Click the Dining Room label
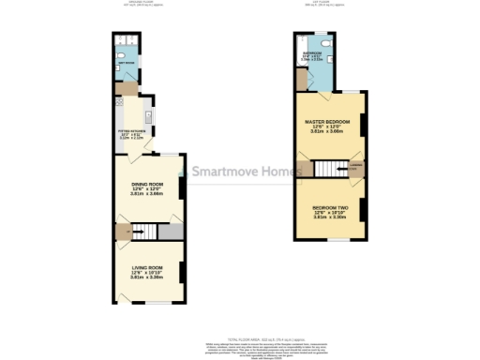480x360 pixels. [x=147, y=184]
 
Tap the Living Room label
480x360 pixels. [x=147, y=268]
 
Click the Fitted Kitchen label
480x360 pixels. [x=131, y=131]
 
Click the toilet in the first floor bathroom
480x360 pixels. [x=324, y=45]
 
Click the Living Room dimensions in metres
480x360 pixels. [x=147, y=278]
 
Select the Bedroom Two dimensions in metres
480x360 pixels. [x=329, y=217]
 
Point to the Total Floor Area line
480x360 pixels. [x=240, y=337]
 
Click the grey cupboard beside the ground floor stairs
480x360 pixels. [x=170, y=231]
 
